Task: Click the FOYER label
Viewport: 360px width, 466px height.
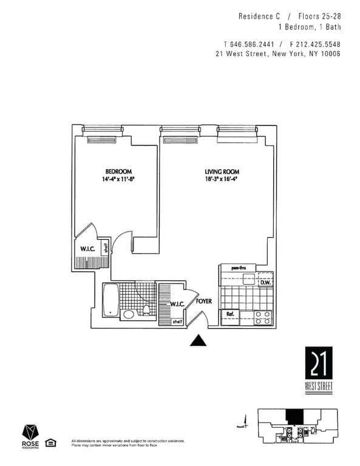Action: tap(204, 300)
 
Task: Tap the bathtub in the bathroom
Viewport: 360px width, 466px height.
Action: tap(110, 300)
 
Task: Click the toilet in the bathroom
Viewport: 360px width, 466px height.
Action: tap(146, 311)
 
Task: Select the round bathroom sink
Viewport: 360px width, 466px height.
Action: tap(129, 314)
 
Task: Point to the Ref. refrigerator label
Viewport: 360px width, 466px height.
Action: tap(230, 314)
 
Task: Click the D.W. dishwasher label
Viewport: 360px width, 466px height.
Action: tap(265, 282)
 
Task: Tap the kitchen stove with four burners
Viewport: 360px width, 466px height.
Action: tap(263, 317)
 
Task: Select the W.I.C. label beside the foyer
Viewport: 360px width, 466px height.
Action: tap(177, 304)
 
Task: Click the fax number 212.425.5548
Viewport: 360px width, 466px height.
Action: tap(315, 44)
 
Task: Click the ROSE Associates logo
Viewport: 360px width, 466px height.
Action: tap(31, 435)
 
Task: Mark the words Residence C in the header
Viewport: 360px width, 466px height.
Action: tap(256, 16)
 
